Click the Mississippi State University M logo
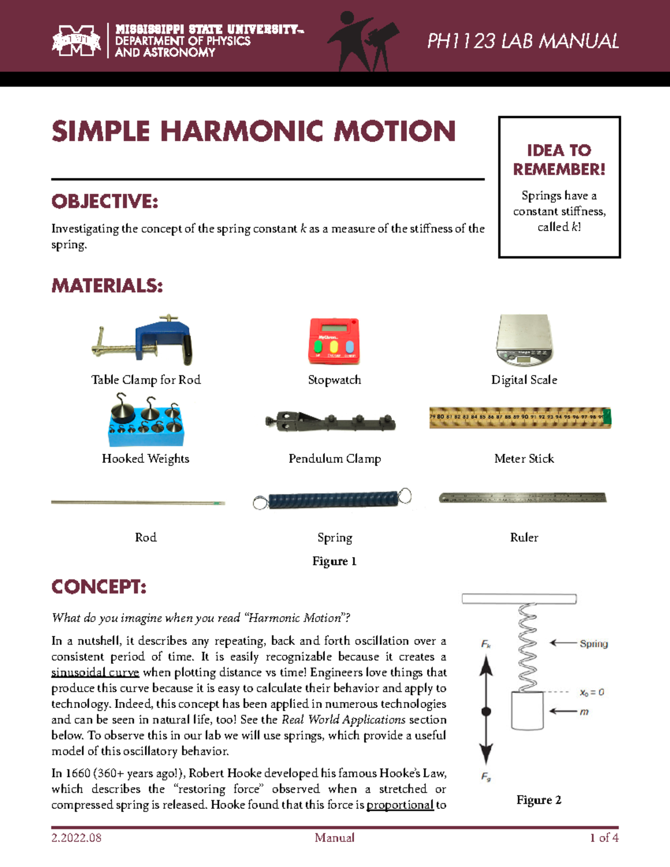pos(76,41)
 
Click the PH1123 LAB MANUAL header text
pos(523,41)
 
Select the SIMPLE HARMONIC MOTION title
pos(253,132)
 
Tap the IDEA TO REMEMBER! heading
pos(559,160)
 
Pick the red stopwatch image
pos(334,341)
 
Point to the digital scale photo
pos(524,340)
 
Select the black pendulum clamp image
pos(331,421)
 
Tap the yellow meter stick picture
pos(520,418)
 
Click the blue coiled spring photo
pos(333,499)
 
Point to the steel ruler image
pos(523,497)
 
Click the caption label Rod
pos(146,538)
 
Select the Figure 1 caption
pos(334,561)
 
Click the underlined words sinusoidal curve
pos(95,673)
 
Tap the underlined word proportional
pos(400,805)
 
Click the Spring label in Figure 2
pos(594,644)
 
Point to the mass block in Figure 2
pos(528,711)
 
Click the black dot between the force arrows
pos(486,711)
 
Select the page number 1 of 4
pos(604,837)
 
